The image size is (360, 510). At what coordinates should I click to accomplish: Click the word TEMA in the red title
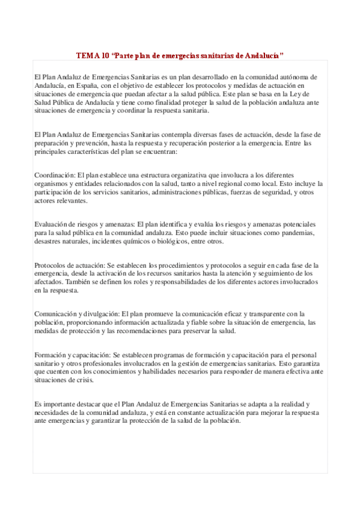(x=88, y=55)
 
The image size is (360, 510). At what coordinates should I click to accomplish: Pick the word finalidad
(x=157, y=102)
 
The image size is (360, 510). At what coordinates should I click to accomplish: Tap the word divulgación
(x=98, y=314)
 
